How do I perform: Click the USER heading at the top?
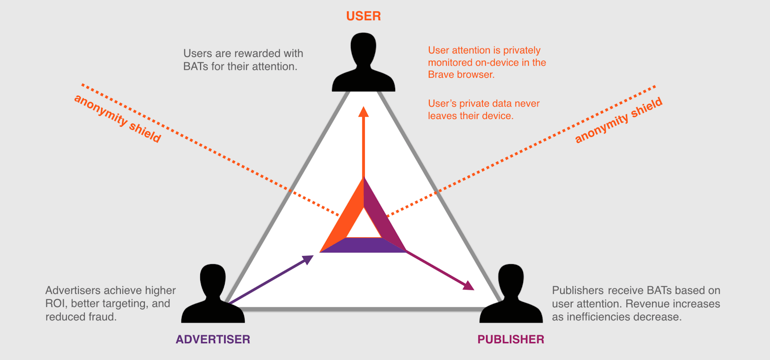click(363, 16)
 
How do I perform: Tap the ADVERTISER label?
click(213, 339)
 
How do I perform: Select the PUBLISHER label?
click(511, 339)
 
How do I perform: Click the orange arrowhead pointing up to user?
click(363, 112)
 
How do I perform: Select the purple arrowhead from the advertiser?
click(308, 259)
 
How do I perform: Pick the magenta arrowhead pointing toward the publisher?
click(469, 286)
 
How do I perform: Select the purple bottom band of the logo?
click(363, 245)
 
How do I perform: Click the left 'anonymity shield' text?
click(117, 118)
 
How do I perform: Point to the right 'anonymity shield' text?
click(619, 120)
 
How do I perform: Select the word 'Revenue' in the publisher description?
click(646, 304)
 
